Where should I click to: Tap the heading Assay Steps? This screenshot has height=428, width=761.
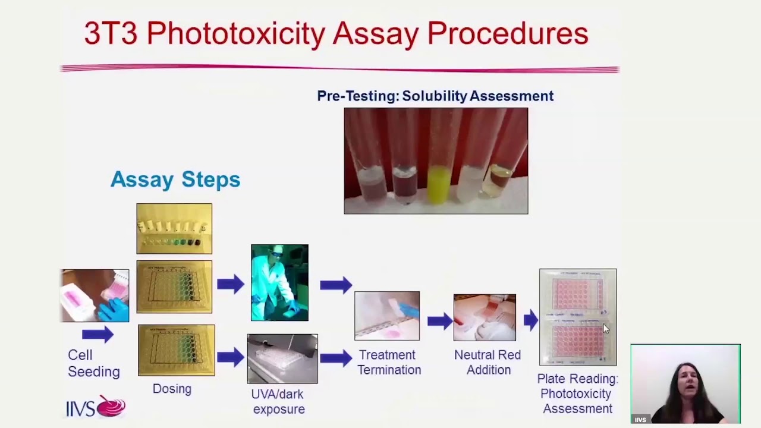pos(175,179)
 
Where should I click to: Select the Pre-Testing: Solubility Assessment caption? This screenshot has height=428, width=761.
pos(435,96)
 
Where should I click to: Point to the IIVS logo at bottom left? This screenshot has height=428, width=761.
pos(96,407)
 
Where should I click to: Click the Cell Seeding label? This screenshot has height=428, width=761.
pos(93,363)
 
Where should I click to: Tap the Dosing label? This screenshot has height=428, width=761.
pos(172,389)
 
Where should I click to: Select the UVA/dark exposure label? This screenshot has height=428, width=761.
pos(278,401)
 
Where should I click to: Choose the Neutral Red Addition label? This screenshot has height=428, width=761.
pos(488,362)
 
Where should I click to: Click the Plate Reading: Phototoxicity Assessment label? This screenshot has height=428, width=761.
pos(577,394)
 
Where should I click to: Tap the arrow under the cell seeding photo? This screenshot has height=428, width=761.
pos(98,335)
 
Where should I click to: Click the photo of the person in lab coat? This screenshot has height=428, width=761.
pos(279,282)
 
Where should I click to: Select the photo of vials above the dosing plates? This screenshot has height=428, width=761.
pos(174,229)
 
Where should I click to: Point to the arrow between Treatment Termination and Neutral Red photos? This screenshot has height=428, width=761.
pos(439,322)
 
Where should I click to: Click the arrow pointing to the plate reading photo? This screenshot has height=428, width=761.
pos(530,321)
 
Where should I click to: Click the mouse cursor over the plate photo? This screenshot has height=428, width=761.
pos(606,329)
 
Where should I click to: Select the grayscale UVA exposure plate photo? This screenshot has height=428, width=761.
pos(282,358)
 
